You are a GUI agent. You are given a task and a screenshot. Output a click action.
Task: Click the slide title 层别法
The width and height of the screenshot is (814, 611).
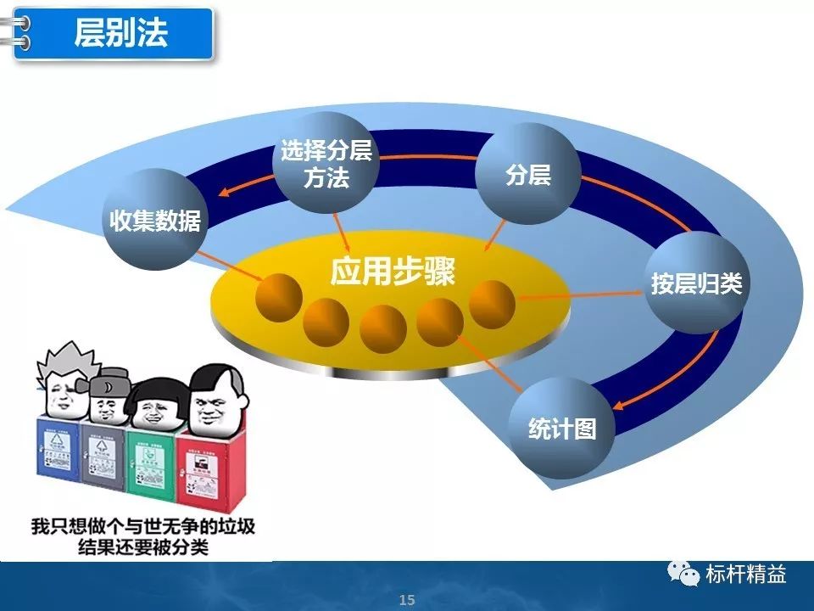pos(120,34)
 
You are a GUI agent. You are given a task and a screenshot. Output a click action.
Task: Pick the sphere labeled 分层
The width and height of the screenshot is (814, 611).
pos(527,174)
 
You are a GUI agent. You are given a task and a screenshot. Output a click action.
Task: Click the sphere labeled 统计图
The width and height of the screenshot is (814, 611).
pos(560,429)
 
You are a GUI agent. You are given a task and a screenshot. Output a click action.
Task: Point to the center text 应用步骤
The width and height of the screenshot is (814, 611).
pos(392,272)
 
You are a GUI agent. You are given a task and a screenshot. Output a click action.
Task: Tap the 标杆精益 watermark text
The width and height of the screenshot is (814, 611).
pos(746,575)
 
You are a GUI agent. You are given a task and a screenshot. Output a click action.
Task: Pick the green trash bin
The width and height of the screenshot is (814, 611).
pos(151,463)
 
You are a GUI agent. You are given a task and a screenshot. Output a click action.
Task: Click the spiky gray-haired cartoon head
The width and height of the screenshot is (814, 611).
pos(61,385)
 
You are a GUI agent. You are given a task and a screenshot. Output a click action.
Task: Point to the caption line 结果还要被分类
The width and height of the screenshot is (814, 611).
pos(141,546)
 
